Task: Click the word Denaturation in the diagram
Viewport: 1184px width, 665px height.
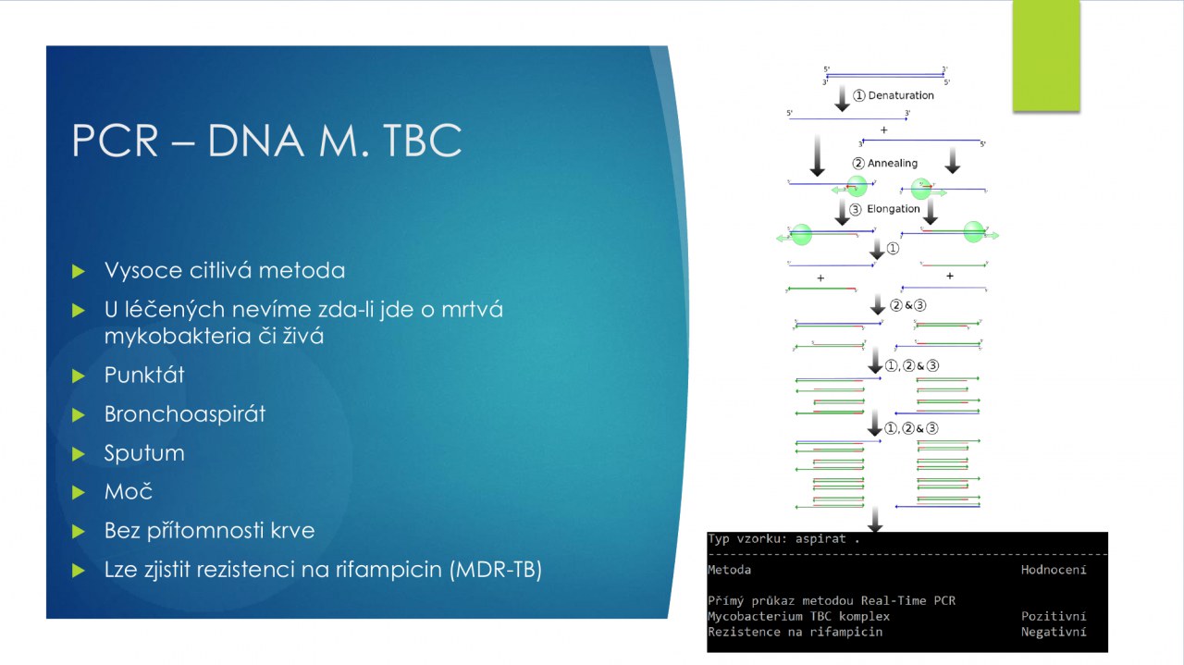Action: (901, 95)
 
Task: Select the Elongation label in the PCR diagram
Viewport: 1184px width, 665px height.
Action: (894, 209)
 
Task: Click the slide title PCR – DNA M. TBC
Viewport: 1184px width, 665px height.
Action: (266, 141)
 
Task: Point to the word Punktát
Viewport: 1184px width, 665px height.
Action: (144, 375)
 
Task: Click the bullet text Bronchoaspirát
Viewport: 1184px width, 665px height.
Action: (185, 413)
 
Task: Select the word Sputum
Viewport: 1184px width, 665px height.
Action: (144, 452)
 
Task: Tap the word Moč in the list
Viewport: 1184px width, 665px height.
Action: (129, 491)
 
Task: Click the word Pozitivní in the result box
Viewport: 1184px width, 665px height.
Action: (1054, 616)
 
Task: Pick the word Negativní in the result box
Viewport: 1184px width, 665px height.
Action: (1054, 632)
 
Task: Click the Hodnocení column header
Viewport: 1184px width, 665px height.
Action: (1054, 570)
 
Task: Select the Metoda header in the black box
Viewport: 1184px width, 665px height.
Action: (729, 570)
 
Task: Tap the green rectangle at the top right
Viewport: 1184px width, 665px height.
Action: (1046, 55)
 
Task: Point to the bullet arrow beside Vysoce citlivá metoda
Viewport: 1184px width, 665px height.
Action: (79, 271)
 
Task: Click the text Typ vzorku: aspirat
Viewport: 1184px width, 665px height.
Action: (783, 538)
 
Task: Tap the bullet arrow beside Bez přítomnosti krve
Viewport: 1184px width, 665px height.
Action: (79, 531)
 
